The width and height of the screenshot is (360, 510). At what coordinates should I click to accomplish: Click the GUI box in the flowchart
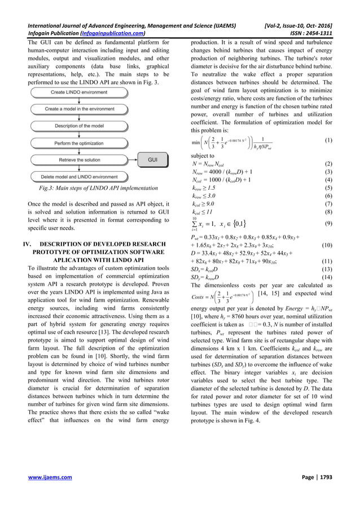coord(152,160)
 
